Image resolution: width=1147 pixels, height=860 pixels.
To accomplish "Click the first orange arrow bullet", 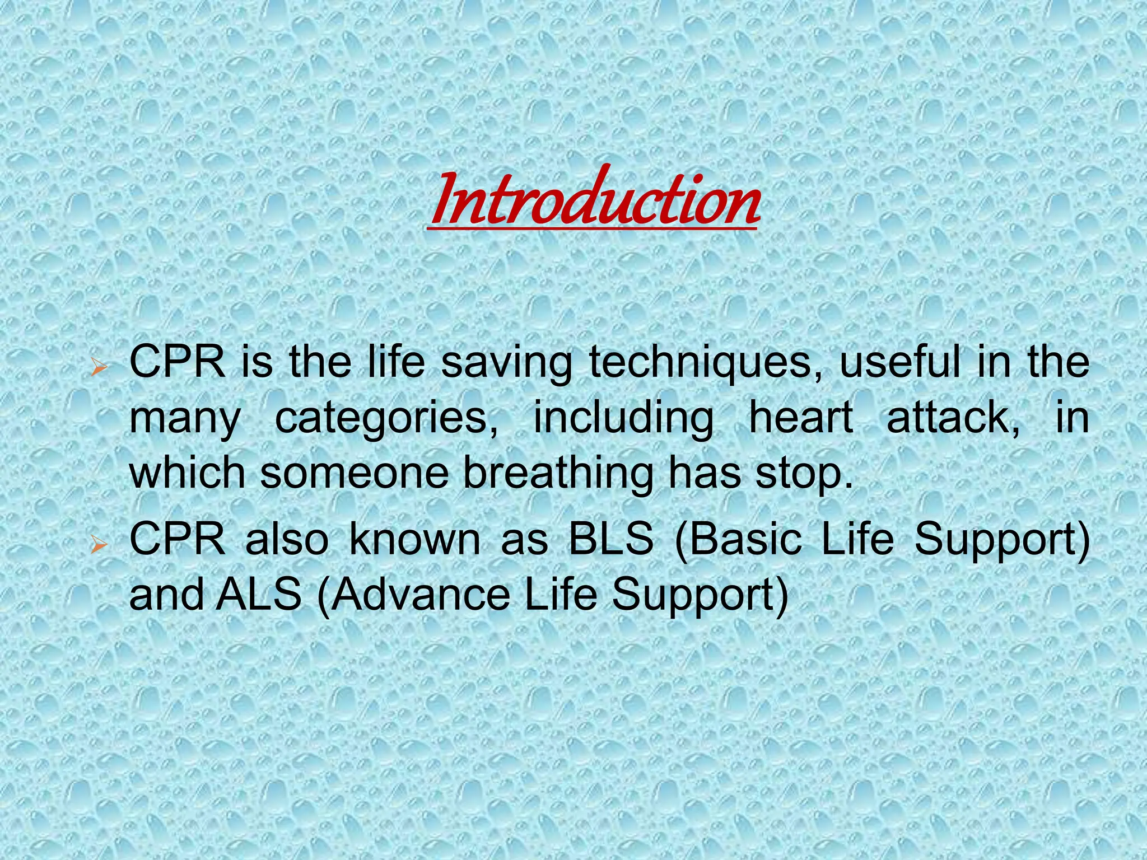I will point(99,368).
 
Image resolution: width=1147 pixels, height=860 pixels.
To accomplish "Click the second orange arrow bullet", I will point(99,544).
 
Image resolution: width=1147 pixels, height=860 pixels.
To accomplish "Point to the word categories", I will point(386,418).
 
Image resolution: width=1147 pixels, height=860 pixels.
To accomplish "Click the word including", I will point(623,418).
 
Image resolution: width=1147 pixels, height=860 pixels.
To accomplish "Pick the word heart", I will point(801,417).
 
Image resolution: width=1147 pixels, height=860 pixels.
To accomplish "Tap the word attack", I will point(953,417).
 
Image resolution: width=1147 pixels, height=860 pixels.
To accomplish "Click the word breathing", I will point(558,473).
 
